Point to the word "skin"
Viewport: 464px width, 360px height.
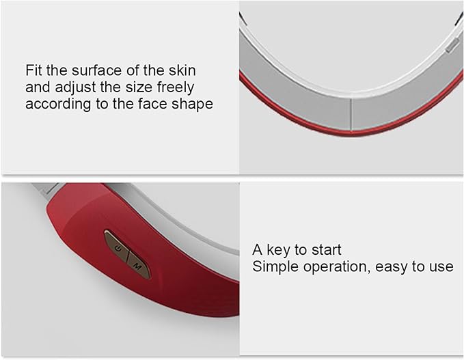point(182,70)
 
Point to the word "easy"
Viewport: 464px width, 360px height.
point(392,267)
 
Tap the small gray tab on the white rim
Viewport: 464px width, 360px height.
point(452,46)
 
